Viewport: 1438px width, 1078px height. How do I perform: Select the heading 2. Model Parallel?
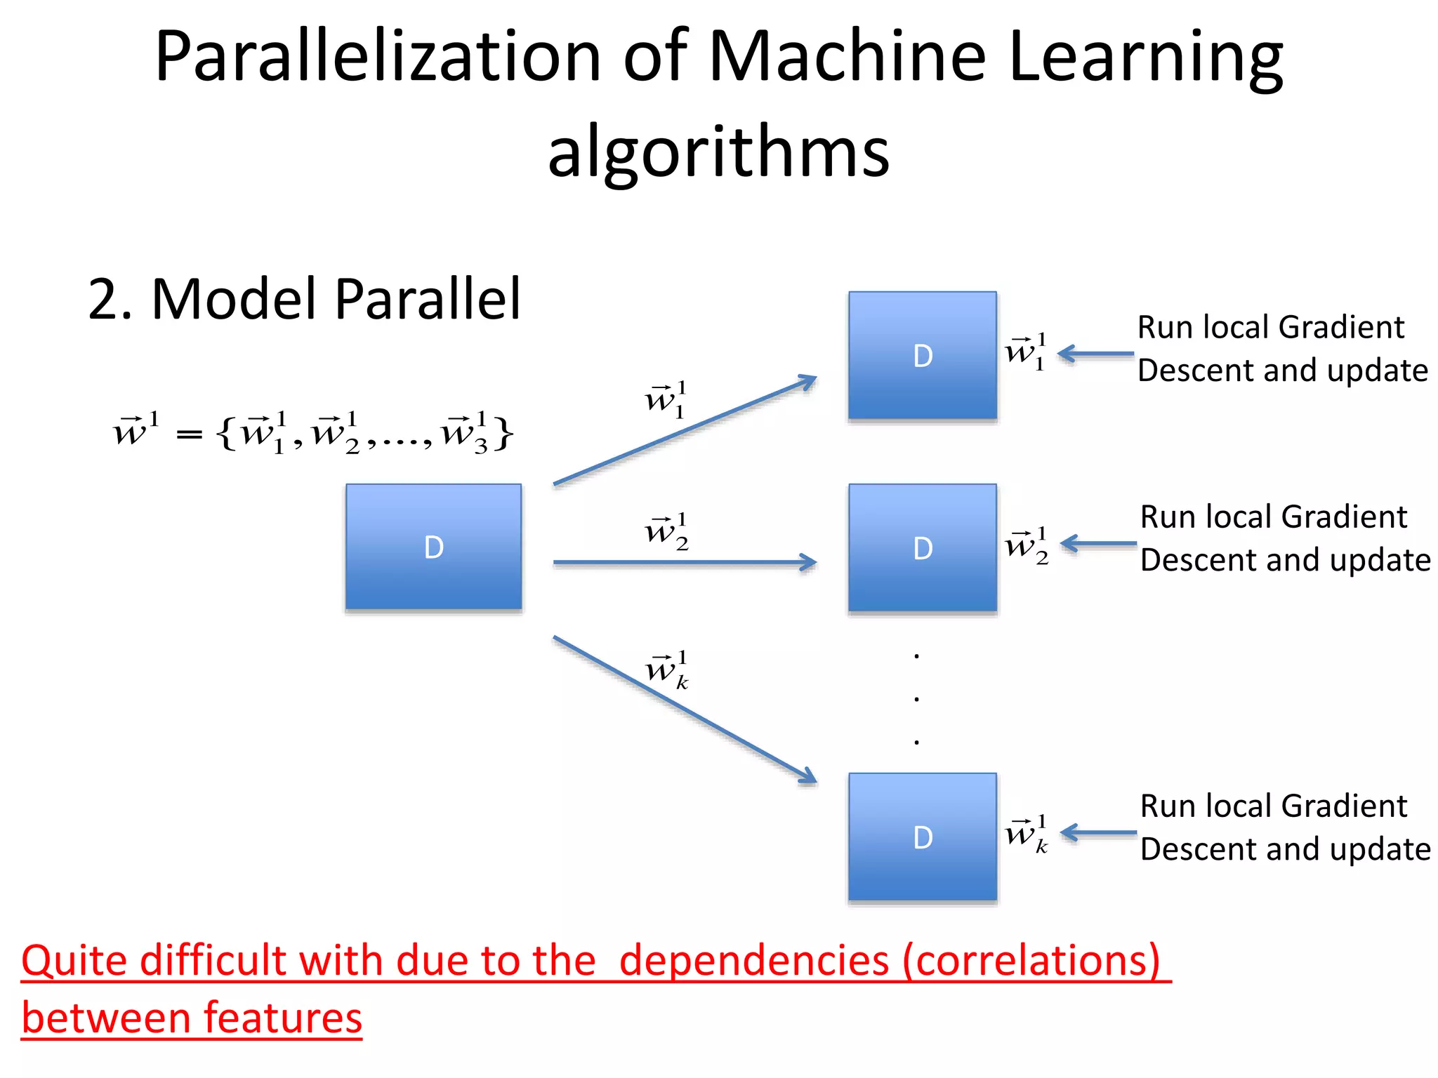304,300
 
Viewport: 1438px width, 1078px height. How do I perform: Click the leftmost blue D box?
433,547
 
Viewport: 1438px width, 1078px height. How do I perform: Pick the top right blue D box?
922,356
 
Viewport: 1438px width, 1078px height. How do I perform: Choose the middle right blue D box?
922,547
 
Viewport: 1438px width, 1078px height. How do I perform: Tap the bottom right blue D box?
922,837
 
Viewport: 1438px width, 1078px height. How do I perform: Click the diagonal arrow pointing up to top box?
685,430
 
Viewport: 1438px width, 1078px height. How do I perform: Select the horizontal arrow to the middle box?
685,562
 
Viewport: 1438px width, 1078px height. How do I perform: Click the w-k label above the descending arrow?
666,671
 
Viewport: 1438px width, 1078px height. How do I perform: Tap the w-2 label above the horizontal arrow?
666,532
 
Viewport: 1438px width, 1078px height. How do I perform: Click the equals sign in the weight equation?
189,436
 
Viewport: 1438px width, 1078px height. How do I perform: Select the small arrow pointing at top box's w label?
1095,354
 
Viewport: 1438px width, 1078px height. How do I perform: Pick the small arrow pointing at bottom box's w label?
1098,833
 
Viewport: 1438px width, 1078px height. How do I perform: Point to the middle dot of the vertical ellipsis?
916,699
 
